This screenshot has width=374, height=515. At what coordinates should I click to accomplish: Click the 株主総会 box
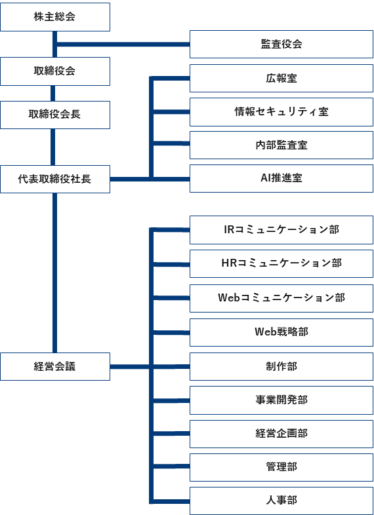click(54, 17)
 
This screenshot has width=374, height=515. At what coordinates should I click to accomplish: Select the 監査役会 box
click(281, 45)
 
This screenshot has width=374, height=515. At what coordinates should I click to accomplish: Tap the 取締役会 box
click(54, 71)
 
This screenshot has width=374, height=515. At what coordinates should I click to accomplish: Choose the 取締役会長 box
click(54, 114)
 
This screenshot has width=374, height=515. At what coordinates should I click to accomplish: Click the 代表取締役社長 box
click(54, 179)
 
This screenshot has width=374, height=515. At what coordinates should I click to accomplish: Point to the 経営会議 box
click(54, 366)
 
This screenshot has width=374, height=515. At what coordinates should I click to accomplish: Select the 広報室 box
click(281, 78)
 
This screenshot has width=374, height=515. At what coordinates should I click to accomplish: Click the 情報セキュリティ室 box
click(281, 112)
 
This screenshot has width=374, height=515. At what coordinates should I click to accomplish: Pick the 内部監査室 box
click(281, 145)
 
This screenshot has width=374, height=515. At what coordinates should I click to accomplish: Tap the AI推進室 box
click(281, 178)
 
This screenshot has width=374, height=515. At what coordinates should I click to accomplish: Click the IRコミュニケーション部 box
click(281, 230)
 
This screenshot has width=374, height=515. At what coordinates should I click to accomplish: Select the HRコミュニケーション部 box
click(281, 263)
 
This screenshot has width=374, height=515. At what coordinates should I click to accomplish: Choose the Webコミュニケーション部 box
click(281, 297)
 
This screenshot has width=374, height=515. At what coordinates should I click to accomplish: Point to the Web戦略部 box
click(281, 332)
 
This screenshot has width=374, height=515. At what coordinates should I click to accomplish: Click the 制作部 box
click(281, 366)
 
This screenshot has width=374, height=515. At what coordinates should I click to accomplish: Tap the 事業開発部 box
click(281, 400)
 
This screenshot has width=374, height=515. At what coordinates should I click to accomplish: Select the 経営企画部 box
click(281, 433)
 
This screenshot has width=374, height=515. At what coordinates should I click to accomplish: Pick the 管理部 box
click(281, 467)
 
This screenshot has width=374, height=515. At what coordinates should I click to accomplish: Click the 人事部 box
click(281, 500)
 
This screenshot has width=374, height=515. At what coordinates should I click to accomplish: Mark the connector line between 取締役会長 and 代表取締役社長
click(54, 147)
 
